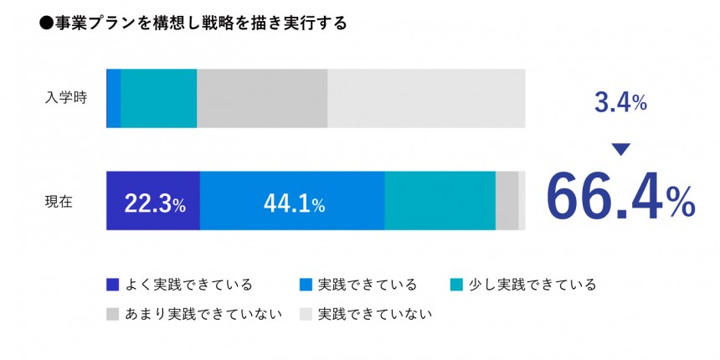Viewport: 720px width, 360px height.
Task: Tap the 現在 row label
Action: tap(59, 201)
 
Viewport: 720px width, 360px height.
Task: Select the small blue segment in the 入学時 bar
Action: tap(113, 98)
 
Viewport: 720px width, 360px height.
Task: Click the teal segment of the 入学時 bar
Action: tap(158, 98)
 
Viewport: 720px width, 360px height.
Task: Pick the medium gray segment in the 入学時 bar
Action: tap(261, 98)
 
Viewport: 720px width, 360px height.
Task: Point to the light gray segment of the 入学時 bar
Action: tap(425, 98)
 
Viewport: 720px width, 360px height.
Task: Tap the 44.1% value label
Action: tap(294, 202)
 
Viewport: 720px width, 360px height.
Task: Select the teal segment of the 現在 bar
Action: tap(440, 201)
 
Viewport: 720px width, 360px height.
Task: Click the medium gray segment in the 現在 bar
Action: tap(507, 201)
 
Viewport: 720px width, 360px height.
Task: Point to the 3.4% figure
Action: tap(620, 103)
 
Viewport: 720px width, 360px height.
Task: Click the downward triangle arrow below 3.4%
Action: tap(620, 150)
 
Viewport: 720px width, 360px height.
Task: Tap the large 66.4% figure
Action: tap(620, 197)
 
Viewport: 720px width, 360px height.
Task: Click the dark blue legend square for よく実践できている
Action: tap(113, 285)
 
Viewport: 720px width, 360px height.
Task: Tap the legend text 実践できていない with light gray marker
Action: tap(375, 315)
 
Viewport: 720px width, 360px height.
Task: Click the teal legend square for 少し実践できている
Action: tap(456, 285)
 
